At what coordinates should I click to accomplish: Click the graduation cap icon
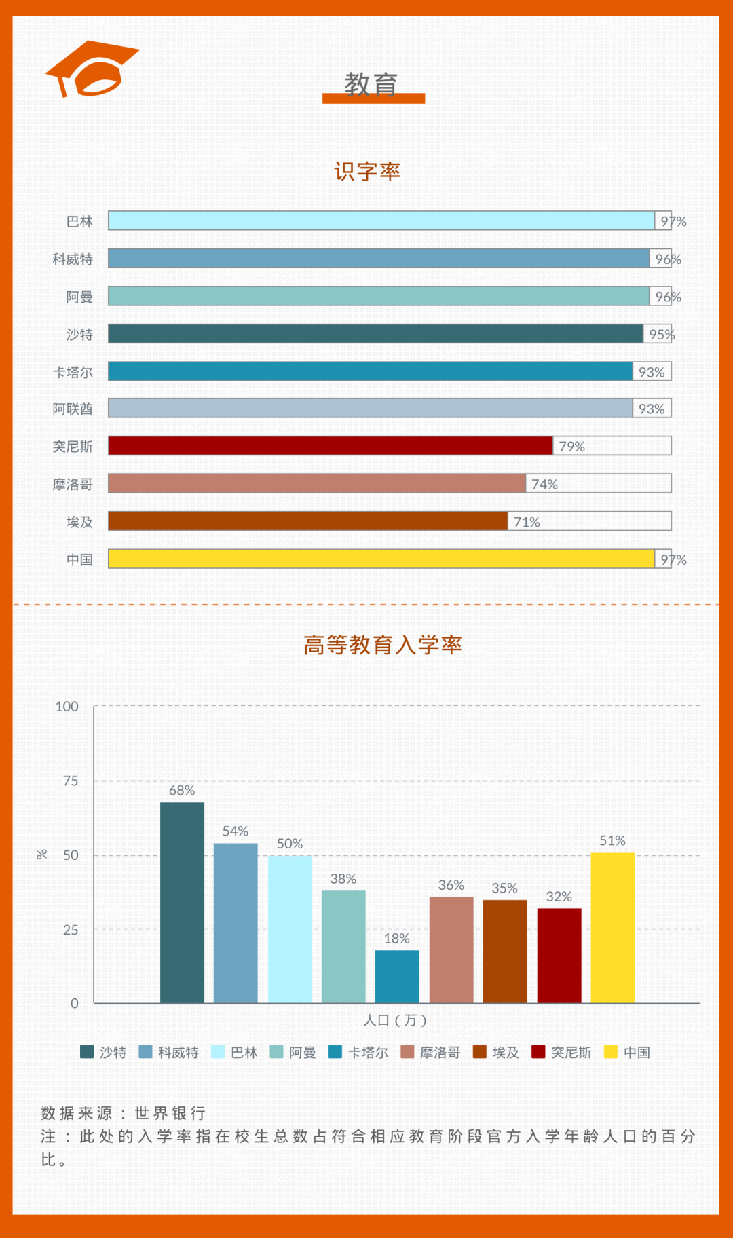pos(92,69)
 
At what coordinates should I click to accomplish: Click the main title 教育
pos(371,85)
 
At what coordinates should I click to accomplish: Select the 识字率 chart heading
pos(366,171)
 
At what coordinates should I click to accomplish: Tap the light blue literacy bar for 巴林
pos(380,221)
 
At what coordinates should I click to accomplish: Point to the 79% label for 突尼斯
pos(571,447)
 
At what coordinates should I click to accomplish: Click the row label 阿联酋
pos(73,409)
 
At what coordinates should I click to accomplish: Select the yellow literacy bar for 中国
pos(380,559)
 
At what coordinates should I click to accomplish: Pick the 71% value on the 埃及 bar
pos(527,522)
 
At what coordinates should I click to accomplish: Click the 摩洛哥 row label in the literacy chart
pos(73,484)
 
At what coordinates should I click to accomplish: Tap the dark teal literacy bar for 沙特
pos(375,333)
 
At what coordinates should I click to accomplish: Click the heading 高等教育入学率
pos(382,645)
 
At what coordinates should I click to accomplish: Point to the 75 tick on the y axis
pos(71,781)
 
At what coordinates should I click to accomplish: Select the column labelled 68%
pos(182,902)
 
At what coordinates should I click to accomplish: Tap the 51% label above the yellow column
pos(612,840)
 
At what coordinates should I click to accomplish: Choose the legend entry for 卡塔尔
pos(360,1052)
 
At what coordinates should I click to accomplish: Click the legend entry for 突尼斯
pos(563,1052)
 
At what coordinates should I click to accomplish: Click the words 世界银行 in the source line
pos(170,1113)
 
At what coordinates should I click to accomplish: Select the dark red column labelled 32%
pos(559,955)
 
